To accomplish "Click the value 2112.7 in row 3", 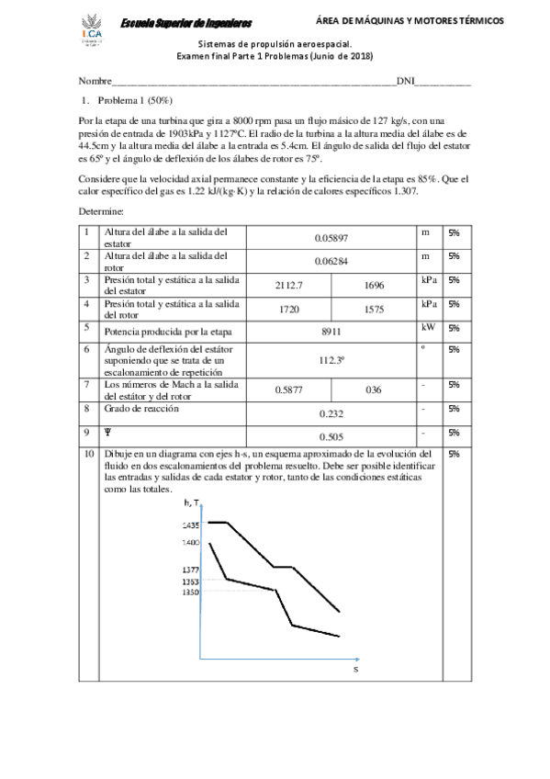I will (289, 286).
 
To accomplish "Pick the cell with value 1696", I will (374, 286).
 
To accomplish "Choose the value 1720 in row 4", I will (289, 310).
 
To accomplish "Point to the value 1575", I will (374, 310).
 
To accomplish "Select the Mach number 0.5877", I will (289, 389).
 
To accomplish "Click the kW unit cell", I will (427, 327).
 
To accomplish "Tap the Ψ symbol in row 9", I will (108, 432).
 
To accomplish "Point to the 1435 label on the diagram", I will (190, 524).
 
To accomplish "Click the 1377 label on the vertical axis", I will (190, 569).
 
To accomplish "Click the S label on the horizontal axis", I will (355, 670).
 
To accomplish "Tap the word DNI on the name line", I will (406, 82).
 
